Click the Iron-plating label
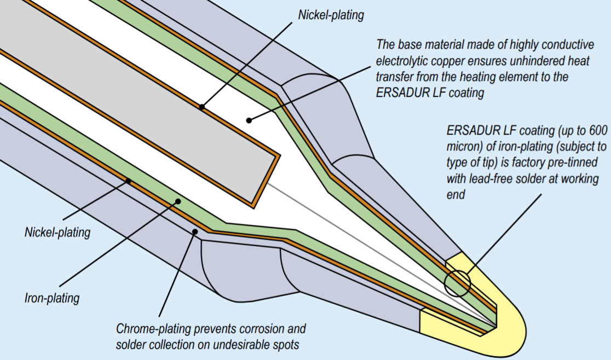click(52, 298)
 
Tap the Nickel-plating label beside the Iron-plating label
click(57, 233)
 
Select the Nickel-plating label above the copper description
click(331, 15)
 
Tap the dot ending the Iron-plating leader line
click(178, 201)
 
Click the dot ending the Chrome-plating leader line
click(195, 232)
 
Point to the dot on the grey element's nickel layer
click(201, 107)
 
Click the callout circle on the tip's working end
click(457, 283)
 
